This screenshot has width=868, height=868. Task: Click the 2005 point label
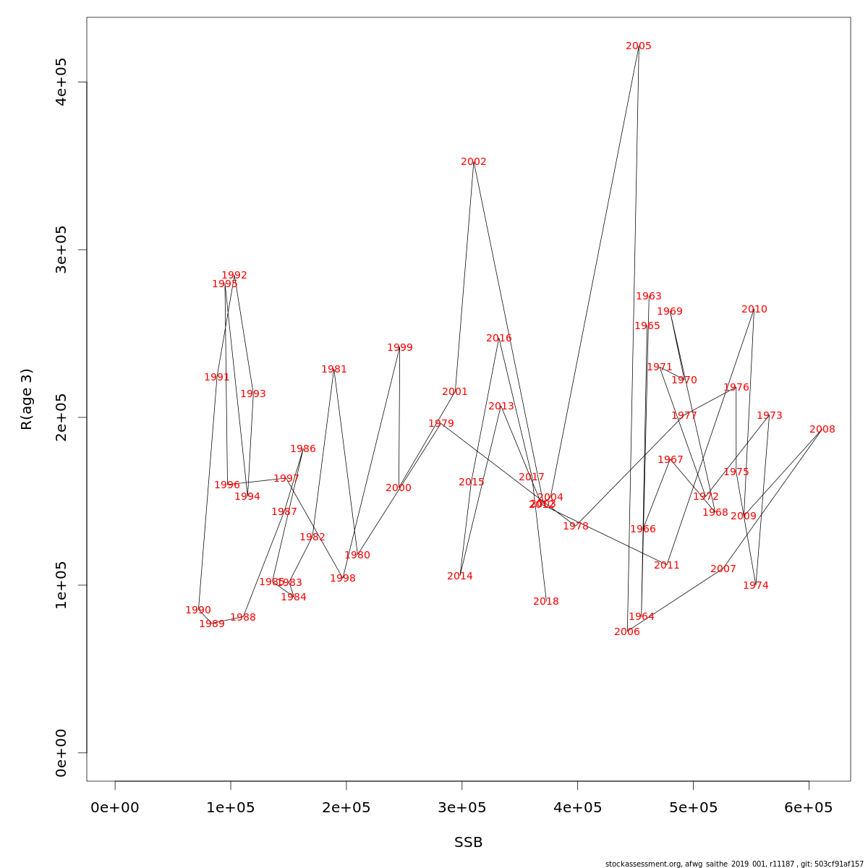click(639, 46)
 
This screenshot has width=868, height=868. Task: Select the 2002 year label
click(474, 162)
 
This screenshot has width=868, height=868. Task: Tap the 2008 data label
click(822, 430)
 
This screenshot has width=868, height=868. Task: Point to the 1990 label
click(198, 610)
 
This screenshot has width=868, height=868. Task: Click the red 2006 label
click(627, 632)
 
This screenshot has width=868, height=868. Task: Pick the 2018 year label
click(546, 602)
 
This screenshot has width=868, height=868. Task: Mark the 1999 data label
click(400, 348)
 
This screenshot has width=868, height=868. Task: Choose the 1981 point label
click(334, 370)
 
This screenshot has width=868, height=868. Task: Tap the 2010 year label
click(754, 310)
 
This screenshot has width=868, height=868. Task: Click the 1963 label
click(649, 297)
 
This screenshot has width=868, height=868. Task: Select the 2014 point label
click(460, 576)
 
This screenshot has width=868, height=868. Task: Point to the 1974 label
click(756, 586)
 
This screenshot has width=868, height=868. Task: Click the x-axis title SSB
click(469, 843)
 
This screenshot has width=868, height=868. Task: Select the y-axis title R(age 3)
click(27, 399)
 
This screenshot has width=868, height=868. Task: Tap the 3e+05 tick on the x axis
click(462, 808)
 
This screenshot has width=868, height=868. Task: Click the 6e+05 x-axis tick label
click(809, 808)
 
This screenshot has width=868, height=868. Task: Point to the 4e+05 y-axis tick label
click(61, 82)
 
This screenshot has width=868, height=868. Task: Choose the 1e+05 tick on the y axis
click(61, 585)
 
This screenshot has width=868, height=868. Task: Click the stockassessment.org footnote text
click(734, 864)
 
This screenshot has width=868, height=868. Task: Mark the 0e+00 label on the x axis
click(115, 808)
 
